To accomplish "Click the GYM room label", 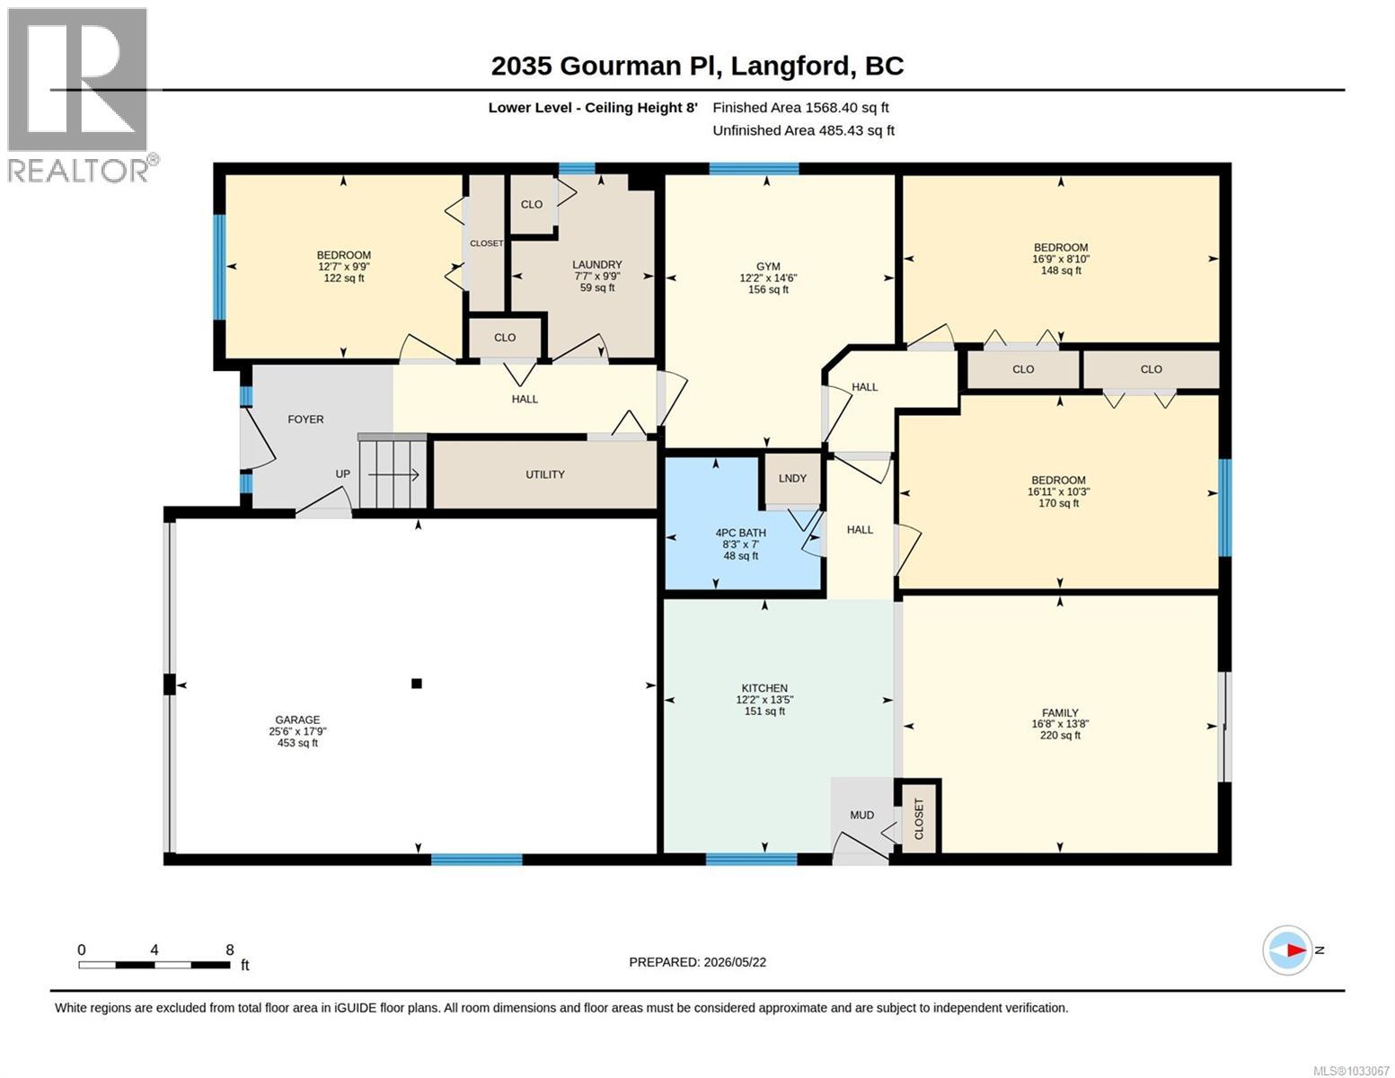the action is (x=768, y=266).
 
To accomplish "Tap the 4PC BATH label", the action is (x=740, y=532).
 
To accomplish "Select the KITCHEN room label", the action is (x=764, y=687).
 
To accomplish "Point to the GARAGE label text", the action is (x=297, y=720).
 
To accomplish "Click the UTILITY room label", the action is (x=545, y=474).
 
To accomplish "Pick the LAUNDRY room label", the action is (x=597, y=264).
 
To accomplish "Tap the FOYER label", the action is (x=305, y=420).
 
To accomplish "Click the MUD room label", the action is (x=861, y=815).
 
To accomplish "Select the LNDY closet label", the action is (x=792, y=478).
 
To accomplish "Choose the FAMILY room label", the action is (x=1060, y=712).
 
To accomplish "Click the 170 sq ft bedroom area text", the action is (x=1059, y=503).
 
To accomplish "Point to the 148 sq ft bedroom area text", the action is (x=1061, y=271).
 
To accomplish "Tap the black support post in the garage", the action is (x=417, y=683).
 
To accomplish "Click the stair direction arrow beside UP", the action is (x=393, y=475).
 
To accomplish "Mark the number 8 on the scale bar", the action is (x=230, y=950).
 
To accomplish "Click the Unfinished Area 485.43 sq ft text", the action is (x=803, y=130).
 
